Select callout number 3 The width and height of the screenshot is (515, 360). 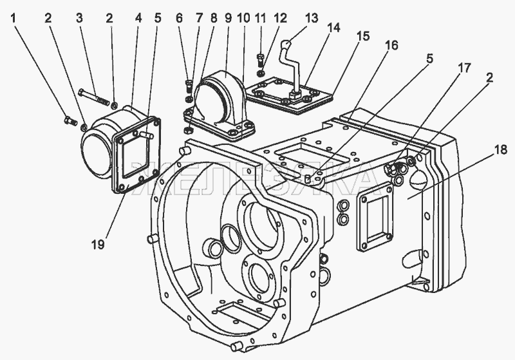79,18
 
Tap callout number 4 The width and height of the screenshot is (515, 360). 138,18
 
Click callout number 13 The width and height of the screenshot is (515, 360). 312,17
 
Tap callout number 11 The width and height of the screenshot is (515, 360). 260,18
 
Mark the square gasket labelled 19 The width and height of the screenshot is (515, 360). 137,158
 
